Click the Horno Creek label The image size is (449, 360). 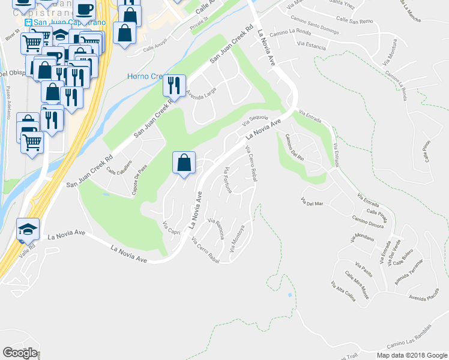145,76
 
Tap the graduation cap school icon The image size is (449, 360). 28,229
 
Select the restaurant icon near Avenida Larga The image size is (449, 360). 174,85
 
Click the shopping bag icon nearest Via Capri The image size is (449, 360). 184,163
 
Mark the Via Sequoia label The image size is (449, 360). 255,120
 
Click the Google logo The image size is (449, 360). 20,353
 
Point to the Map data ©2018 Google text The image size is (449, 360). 412,355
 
